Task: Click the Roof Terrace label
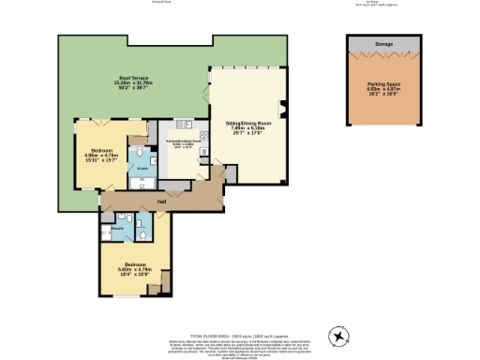pyautogui.click(x=131, y=77)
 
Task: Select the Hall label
pyautogui.click(x=161, y=201)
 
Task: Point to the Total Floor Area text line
pyautogui.click(x=239, y=334)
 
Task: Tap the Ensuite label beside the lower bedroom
pyautogui.click(x=118, y=228)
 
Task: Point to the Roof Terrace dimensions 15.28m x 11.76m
pyautogui.click(x=131, y=83)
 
